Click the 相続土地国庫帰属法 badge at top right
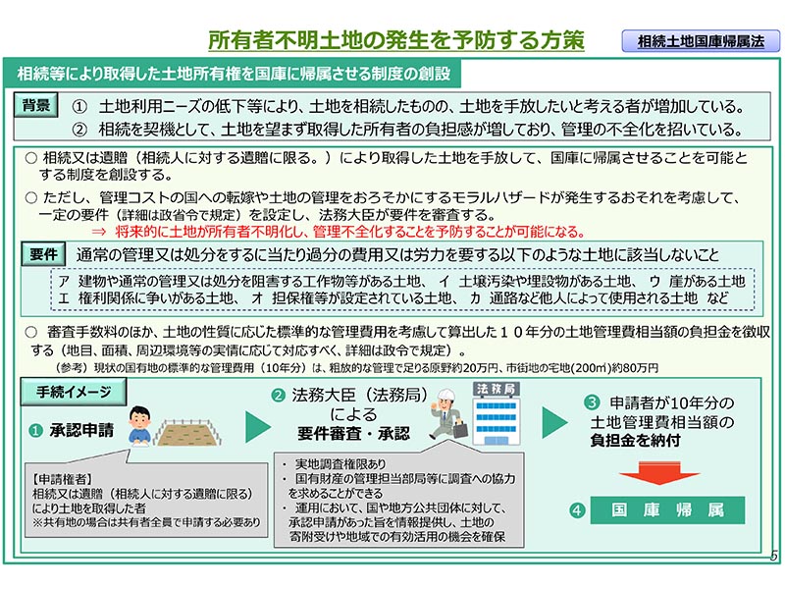point(701,41)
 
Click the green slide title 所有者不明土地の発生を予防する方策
point(396,40)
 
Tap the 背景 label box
point(36,106)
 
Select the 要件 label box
point(43,254)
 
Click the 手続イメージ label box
point(74,392)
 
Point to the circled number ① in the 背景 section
point(79,107)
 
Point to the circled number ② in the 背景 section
point(79,131)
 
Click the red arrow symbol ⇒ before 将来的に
point(99,232)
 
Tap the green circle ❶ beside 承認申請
point(35,431)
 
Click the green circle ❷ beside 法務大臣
point(278,396)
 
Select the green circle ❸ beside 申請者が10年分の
point(592,402)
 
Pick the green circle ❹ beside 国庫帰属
point(577,510)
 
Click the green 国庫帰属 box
point(667,510)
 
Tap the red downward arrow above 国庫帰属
point(658,472)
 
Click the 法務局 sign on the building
point(496,389)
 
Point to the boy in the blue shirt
point(139,426)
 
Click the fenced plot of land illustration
point(187,433)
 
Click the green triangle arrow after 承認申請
point(258,427)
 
